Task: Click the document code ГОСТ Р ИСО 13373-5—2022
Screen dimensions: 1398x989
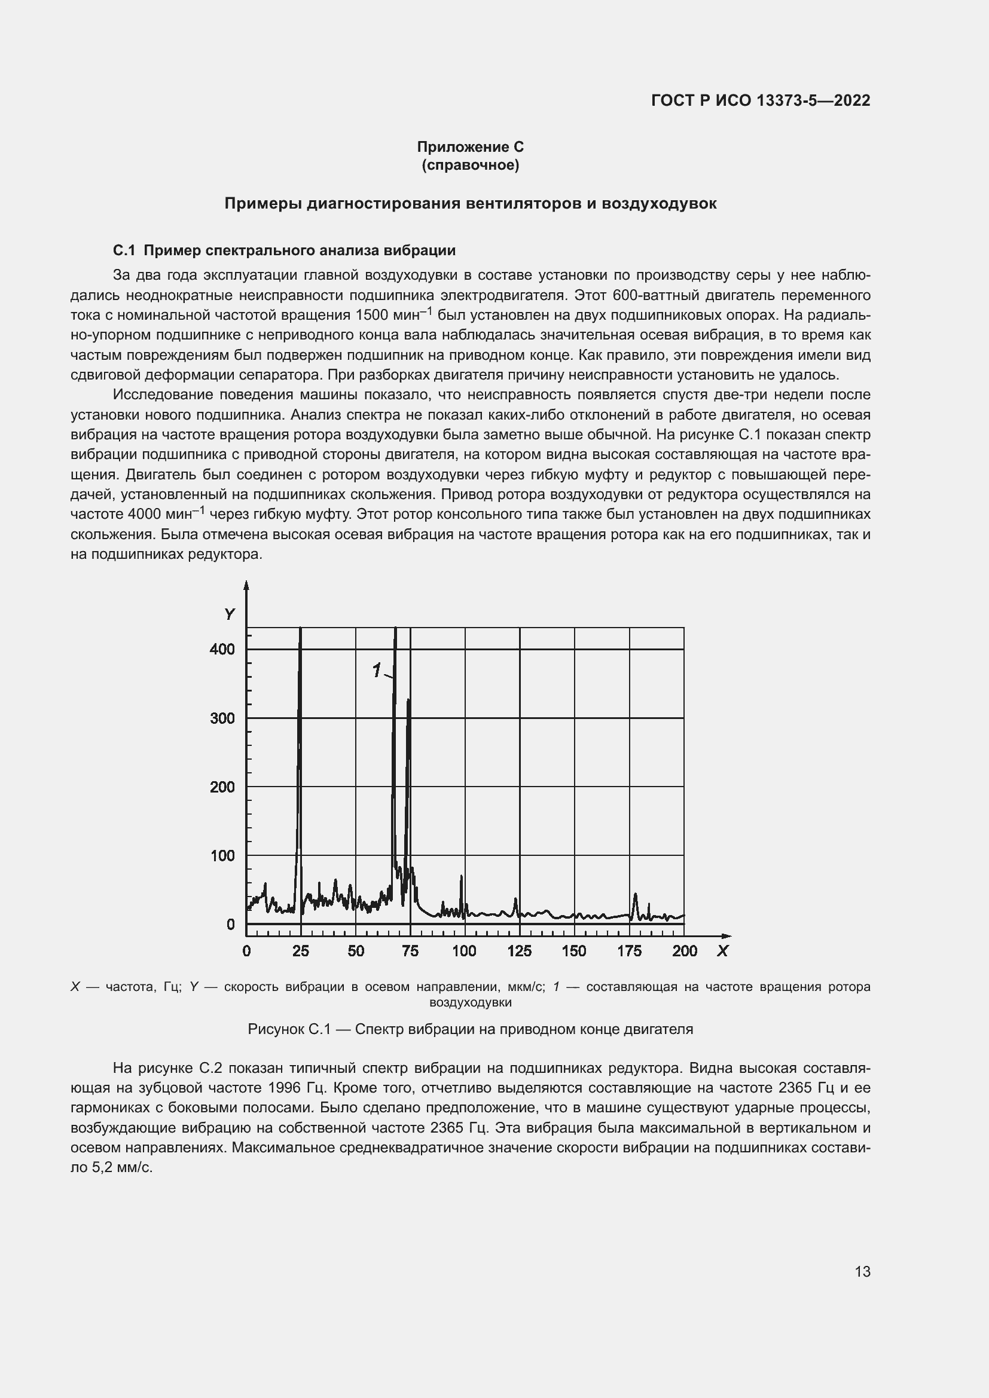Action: point(760,100)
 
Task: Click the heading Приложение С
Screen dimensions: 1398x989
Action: point(470,147)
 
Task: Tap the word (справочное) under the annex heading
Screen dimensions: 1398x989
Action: point(470,165)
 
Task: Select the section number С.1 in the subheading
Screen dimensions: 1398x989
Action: point(124,250)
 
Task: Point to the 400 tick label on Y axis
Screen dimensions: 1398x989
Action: point(222,649)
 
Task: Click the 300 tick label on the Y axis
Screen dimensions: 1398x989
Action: point(222,718)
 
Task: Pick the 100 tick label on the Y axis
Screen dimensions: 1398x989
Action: point(222,855)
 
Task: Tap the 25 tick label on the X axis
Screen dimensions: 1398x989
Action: point(301,950)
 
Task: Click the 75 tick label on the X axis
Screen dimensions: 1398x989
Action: point(410,950)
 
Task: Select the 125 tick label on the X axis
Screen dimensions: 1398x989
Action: point(520,950)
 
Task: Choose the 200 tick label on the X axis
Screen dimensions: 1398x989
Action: point(685,950)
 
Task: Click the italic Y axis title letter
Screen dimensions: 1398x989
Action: point(229,614)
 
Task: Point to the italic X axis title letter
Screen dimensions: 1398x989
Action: point(722,950)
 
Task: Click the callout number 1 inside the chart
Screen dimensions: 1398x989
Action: point(376,671)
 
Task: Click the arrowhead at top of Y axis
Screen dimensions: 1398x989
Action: point(246,585)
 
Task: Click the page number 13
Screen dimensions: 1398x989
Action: point(862,1271)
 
